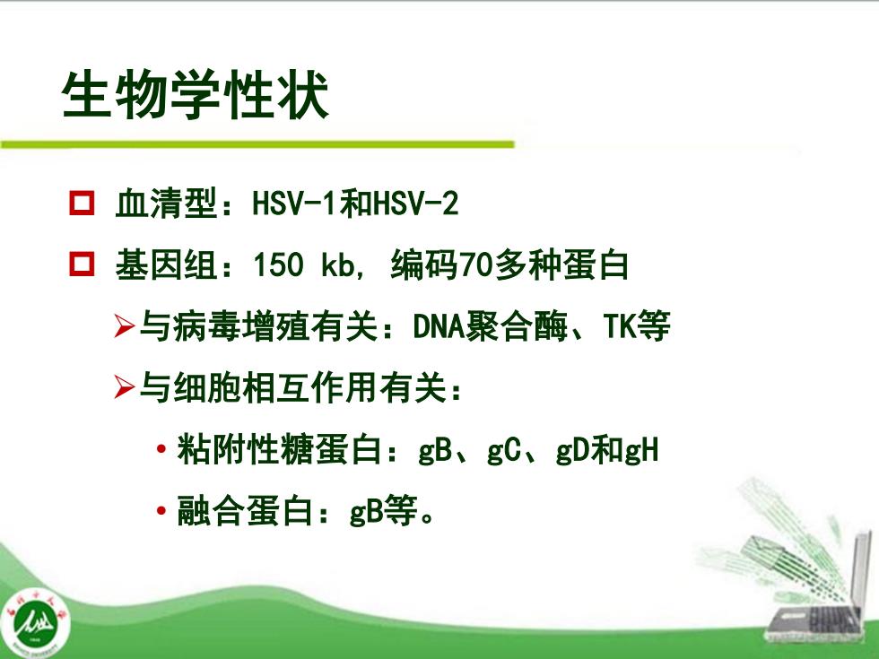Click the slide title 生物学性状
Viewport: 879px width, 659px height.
(x=196, y=95)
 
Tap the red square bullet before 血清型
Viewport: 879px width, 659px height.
(x=82, y=203)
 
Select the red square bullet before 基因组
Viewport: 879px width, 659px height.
(x=82, y=264)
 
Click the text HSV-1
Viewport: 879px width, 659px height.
(x=295, y=203)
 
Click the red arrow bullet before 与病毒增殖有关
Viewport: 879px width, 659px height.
(x=124, y=326)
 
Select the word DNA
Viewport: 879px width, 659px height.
(x=439, y=326)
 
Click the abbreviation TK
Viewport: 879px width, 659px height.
(x=620, y=326)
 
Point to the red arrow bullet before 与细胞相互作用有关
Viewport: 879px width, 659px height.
(x=124, y=387)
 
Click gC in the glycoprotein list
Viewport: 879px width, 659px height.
(x=504, y=451)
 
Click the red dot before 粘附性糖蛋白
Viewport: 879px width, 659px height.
(x=161, y=449)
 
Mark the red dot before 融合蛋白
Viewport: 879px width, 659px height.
(x=161, y=511)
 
